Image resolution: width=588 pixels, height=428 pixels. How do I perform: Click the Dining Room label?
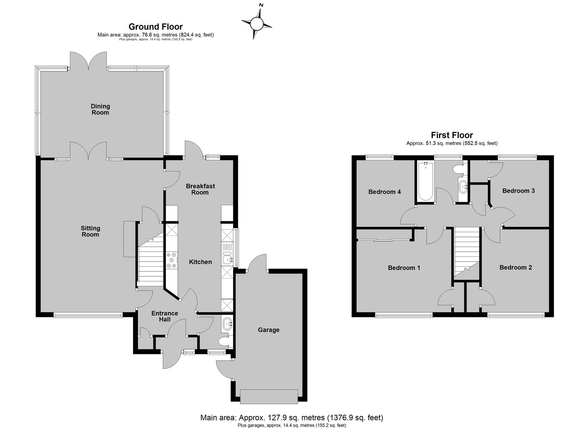pos(100,109)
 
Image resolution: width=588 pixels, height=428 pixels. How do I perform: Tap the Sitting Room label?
pos(90,231)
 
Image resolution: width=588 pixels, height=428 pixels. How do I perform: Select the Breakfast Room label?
pos(200,189)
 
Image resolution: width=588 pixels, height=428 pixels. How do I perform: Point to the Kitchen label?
pos(200,262)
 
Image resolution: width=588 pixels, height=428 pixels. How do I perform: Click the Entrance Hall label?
pos(165,316)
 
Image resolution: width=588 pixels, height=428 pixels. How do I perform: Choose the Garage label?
pos(268,330)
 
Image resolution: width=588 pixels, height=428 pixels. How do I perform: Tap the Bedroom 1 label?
pos(404,268)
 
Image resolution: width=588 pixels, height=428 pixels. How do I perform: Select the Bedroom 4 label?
pos(384,192)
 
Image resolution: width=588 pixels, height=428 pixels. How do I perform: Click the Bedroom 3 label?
pos(518,191)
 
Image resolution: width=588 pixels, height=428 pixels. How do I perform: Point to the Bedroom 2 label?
pos(516,267)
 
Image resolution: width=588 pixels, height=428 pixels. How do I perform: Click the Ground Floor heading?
pos(156,27)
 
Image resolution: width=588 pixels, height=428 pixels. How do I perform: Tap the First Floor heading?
pos(452,135)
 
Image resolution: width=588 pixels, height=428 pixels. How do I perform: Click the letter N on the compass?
pos(261,5)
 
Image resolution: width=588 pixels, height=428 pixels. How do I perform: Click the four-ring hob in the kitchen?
pos(171,260)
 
